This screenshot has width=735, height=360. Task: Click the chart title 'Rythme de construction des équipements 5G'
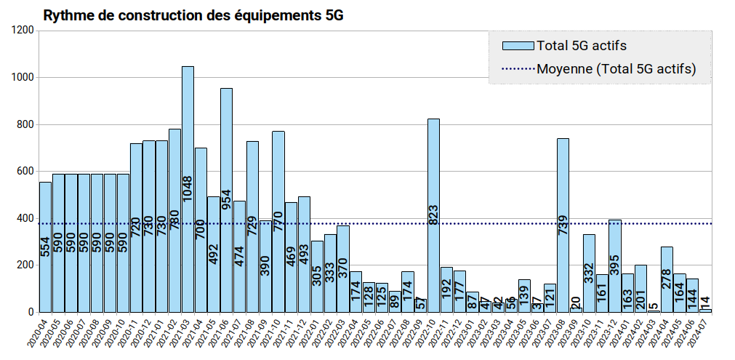[x=193, y=15]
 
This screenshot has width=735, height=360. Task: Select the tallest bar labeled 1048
[x=188, y=189]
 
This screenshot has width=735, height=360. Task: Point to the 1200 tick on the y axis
[x=23, y=31]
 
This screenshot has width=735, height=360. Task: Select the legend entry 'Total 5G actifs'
[x=581, y=46]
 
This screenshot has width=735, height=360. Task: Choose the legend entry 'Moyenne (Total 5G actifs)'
[x=616, y=69]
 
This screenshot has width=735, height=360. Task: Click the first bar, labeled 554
[x=45, y=247]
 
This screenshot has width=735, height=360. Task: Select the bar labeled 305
[x=317, y=276]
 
